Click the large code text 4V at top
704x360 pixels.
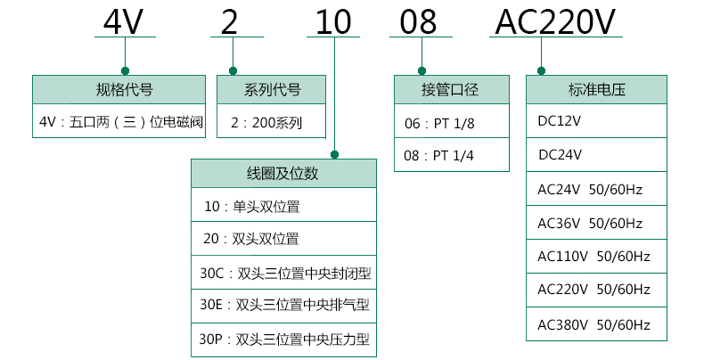pyautogui.click(x=124, y=21)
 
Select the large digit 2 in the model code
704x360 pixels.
pyautogui.click(x=229, y=21)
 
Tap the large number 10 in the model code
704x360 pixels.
pyautogui.click(x=333, y=21)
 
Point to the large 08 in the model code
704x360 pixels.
pyautogui.click(x=418, y=21)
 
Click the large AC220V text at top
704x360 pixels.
pyautogui.click(x=555, y=21)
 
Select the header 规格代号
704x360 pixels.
pyautogui.click(x=125, y=89)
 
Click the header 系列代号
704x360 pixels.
pyautogui.click(x=272, y=89)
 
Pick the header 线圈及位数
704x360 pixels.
pyautogui.click(x=282, y=173)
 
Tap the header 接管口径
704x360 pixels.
pyautogui.click(x=450, y=89)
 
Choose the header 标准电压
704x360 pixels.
pyautogui.click(x=597, y=89)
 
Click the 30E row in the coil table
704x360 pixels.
pyautogui.click(x=284, y=305)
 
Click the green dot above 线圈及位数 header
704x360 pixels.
pyautogui.click(x=334, y=155)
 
